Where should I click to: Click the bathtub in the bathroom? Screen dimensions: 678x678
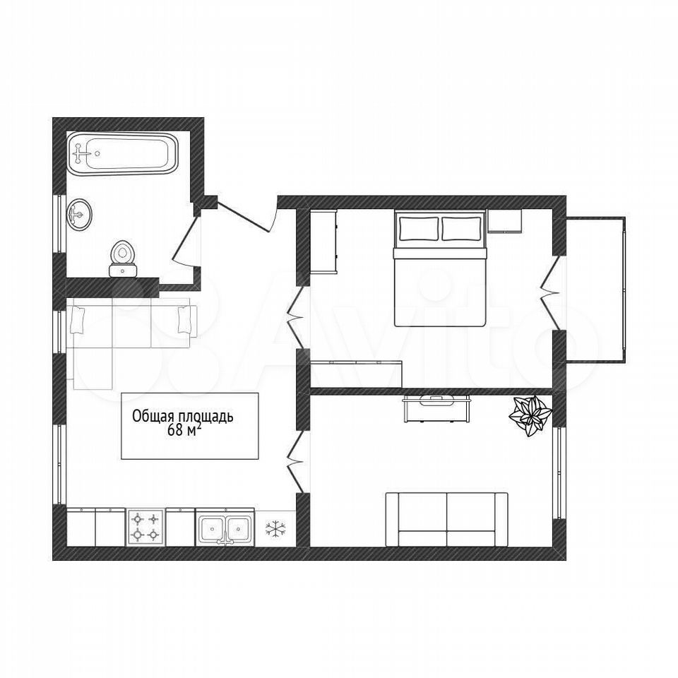tap(123, 153)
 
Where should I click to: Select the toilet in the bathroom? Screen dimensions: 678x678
tap(123, 258)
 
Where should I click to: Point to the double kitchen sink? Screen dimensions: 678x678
tap(225, 527)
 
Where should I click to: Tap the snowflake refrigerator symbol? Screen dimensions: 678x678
tap(275, 528)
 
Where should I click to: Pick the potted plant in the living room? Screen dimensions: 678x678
tap(529, 415)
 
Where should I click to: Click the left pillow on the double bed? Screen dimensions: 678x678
tap(419, 228)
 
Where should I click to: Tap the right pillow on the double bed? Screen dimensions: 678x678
tap(461, 228)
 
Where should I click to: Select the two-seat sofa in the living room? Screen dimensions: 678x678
tap(446, 519)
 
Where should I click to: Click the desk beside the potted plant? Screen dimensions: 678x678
tap(436, 408)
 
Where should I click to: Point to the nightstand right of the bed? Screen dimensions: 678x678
tap(504, 221)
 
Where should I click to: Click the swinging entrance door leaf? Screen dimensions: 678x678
tap(246, 217)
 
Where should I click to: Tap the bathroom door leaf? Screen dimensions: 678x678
tap(186, 238)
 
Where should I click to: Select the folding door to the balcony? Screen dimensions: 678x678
tap(547, 295)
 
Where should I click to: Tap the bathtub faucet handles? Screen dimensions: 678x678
tap(80, 153)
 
